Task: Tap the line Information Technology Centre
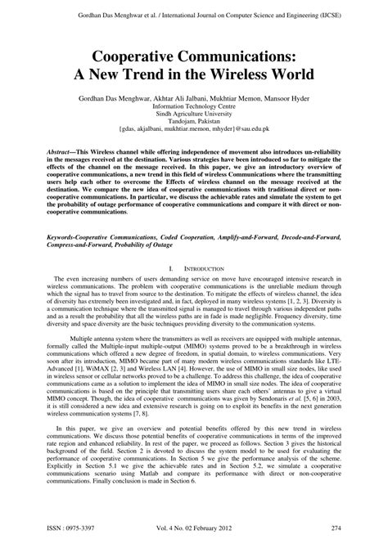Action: (x=193, y=106)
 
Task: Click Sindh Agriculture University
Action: (x=193, y=115)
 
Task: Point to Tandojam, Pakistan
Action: (x=193, y=124)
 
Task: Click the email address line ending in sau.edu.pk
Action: (x=193, y=133)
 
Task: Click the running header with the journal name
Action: (x=193, y=14)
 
